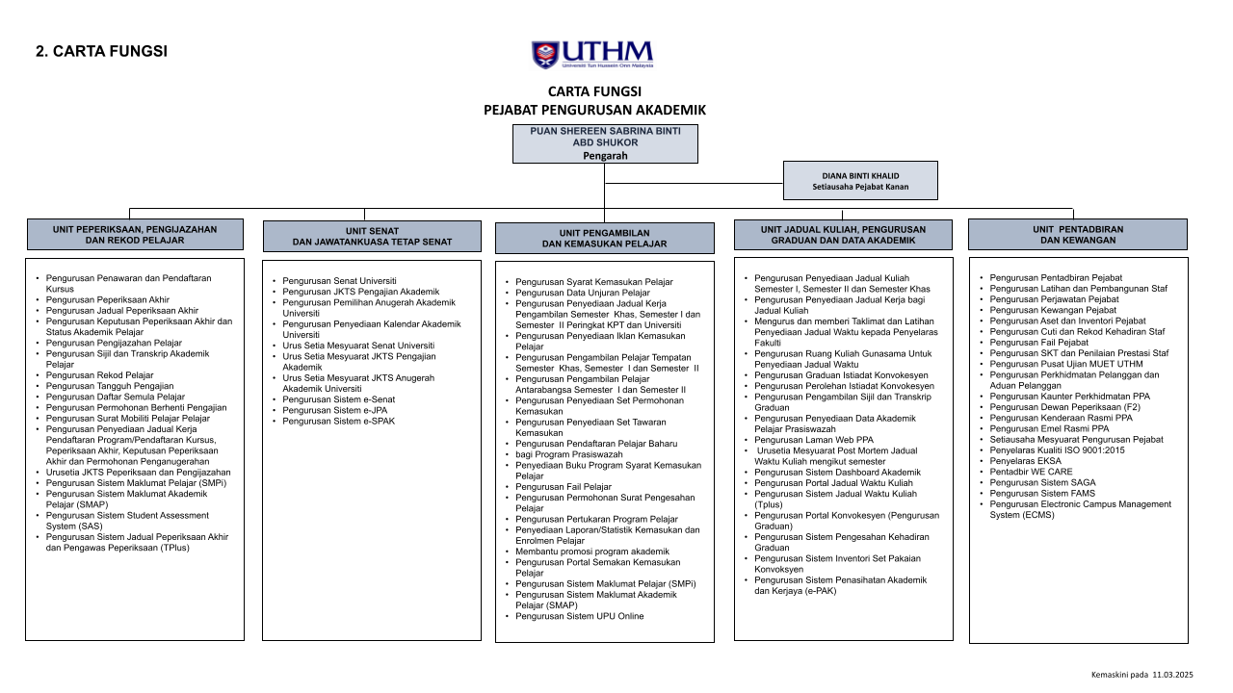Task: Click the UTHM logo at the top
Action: click(x=592, y=54)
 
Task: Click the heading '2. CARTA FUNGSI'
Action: click(x=101, y=51)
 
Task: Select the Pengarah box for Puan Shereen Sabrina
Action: click(x=605, y=143)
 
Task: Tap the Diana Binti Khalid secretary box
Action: click(x=860, y=181)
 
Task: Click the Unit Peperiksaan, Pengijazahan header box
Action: click(x=135, y=235)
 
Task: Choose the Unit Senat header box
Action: click(x=372, y=236)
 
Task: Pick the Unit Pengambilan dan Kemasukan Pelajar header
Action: click(x=605, y=238)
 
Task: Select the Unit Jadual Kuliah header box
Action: click(x=843, y=235)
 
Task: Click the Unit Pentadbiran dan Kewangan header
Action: click(x=1078, y=235)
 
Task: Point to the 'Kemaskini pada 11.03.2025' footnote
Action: click(x=1141, y=675)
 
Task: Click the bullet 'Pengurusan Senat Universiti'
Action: click(x=332, y=281)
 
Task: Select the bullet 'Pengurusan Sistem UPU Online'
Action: click(x=579, y=616)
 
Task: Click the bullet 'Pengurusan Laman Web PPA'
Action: click(x=814, y=440)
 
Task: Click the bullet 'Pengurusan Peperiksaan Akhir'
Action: click(x=107, y=299)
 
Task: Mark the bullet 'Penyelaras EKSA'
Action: click(x=1025, y=461)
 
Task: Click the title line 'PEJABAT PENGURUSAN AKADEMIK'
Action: click(x=594, y=111)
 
